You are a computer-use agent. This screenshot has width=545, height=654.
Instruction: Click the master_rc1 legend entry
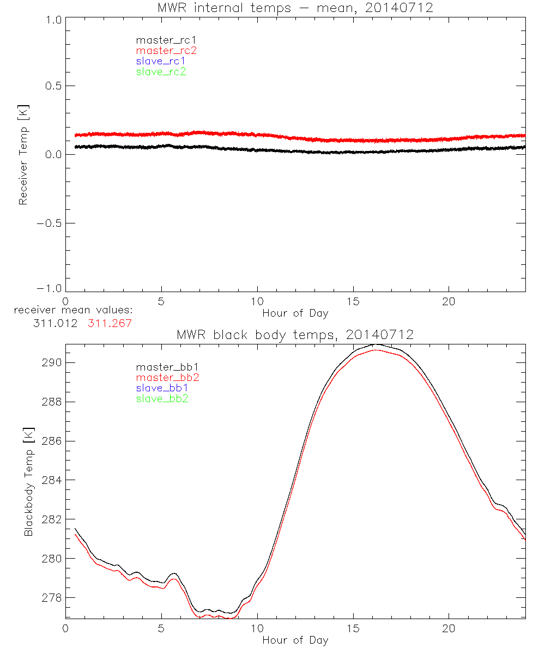pos(161,40)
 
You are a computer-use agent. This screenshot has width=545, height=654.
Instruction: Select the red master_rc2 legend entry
pos(166,50)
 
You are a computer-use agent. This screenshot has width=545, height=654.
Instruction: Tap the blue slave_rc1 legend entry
pos(161,61)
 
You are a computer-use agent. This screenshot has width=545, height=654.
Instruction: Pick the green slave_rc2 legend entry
pos(161,71)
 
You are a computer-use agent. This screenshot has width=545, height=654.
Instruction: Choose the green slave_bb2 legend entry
pos(162,399)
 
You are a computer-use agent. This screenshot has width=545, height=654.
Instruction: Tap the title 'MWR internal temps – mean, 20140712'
pos(295,8)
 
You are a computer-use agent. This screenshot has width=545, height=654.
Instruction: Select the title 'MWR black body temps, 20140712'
pos(295,335)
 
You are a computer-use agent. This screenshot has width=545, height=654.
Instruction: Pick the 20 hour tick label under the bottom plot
pos(449,628)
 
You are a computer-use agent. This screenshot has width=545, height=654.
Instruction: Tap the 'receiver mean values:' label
pos(73,311)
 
